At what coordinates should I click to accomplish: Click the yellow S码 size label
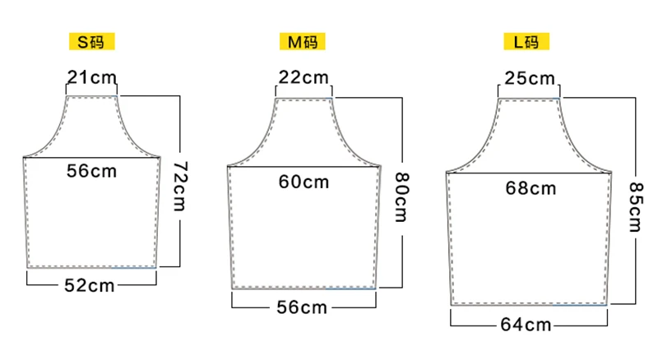(x=91, y=42)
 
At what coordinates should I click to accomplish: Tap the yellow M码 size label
(x=302, y=42)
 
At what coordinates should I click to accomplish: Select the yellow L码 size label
(x=526, y=42)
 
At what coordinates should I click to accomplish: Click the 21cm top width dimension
(x=91, y=77)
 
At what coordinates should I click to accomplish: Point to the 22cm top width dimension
(x=304, y=77)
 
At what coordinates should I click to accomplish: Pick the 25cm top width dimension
(x=530, y=78)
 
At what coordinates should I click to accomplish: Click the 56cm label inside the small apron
(x=91, y=171)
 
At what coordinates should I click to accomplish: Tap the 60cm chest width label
(x=304, y=182)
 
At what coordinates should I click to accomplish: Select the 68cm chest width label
(x=531, y=188)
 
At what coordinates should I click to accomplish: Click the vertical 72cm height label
(x=180, y=186)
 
